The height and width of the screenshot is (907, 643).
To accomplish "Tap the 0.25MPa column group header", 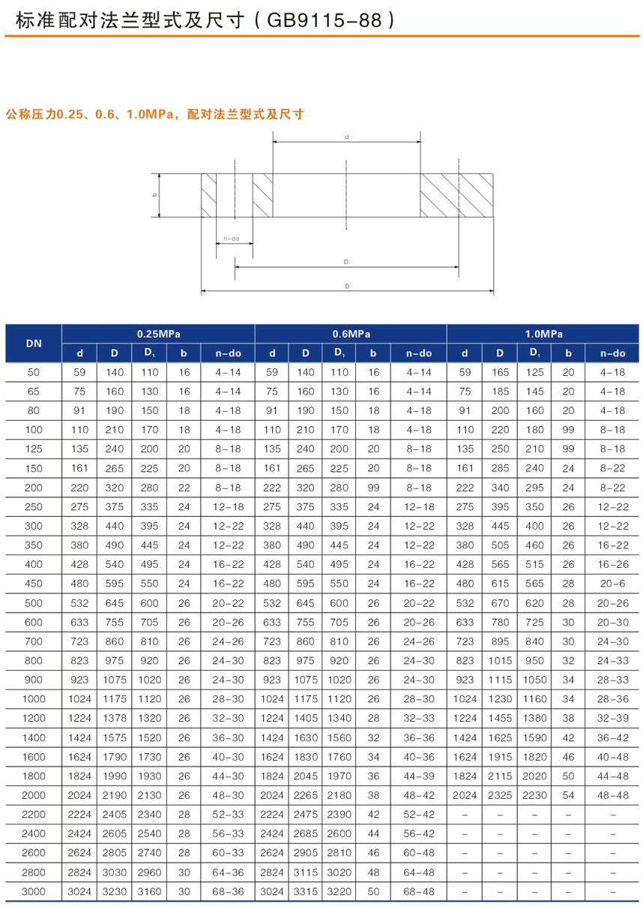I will click(x=159, y=334).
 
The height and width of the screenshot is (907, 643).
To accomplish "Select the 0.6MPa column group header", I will click(x=351, y=334).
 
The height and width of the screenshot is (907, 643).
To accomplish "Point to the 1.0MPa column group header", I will click(x=543, y=334).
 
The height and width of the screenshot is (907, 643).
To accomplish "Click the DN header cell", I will click(x=34, y=344).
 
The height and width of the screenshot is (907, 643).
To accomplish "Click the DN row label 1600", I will click(x=34, y=757).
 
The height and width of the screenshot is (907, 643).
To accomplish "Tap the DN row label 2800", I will click(x=34, y=872).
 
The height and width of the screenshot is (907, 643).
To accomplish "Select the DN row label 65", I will click(x=34, y=391).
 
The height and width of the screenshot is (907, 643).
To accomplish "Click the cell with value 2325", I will click(x=498, y=795).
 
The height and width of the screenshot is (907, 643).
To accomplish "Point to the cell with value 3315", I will click(x=306, y=891).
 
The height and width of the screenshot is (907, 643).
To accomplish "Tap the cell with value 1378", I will click(x=115, y=719).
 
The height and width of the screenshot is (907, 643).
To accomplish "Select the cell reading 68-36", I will click(x=227, y=891).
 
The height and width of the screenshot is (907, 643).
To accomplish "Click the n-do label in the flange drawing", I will click(x=231, y=239).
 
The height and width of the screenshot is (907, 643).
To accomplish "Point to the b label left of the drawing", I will click(x=154, y=195).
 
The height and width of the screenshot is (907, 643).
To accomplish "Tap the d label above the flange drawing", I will click(x=346, y=137).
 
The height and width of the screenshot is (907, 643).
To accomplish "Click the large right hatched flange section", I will click(x=455, y=195).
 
